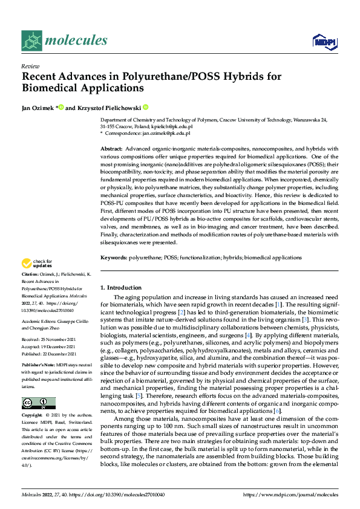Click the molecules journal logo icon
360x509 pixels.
point(32,41)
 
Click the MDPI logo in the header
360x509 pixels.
point(321,41)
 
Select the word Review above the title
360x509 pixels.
point(30,66)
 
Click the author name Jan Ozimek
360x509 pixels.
point(38,107)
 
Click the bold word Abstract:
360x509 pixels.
point(112,149)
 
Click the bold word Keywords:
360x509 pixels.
point(114,258)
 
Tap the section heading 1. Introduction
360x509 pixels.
point(120,288)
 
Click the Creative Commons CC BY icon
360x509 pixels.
point(35,403)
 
